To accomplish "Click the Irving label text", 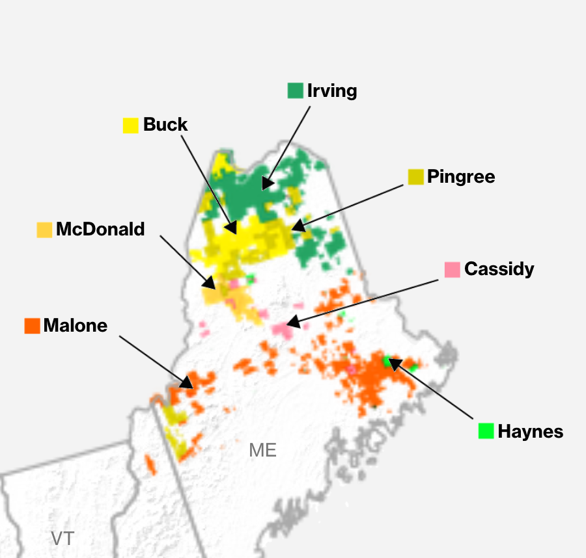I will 332,90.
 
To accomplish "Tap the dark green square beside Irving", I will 296,90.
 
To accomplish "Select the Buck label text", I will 165,124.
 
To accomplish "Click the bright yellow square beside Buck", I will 131,125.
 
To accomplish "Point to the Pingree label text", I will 461,176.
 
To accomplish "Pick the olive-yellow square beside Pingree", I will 415,176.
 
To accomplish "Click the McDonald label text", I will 100,229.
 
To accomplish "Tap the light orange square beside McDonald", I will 44,230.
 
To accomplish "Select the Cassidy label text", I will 499,269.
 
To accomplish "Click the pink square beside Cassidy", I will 453,269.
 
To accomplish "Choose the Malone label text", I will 76,325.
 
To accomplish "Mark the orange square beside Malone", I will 32,325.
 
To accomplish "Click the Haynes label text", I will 530,431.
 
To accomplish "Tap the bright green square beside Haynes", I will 486,431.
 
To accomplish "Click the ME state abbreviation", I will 262,450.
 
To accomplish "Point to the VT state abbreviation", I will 63,538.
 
